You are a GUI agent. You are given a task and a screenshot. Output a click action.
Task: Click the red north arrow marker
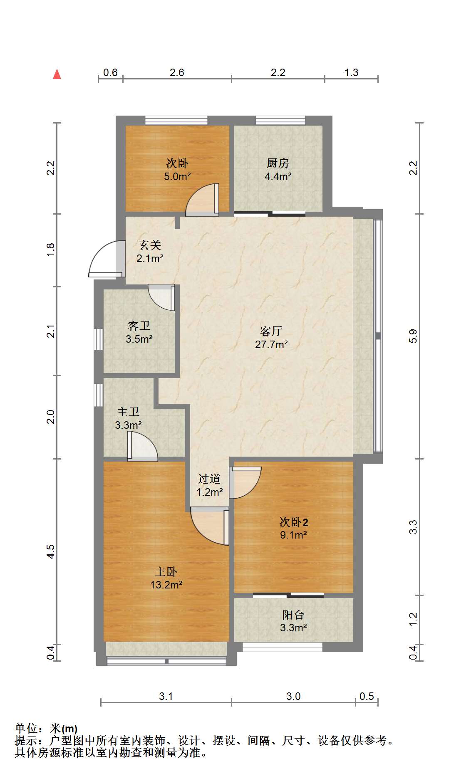click(x=57, y=74)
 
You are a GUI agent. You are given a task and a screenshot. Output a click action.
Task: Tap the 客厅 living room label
click(x=271, y=331)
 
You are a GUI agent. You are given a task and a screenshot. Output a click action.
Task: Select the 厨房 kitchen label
click(x=278, y=163)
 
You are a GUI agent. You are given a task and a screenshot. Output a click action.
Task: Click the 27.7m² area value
click(x=271, y=344)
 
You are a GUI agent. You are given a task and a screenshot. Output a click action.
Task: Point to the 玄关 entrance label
click(x=150, y=245)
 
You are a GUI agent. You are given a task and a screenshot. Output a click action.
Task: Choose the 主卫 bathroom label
click(x=128, y=412)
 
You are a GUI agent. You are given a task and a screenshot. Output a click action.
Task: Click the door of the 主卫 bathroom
click(x=142, y=446)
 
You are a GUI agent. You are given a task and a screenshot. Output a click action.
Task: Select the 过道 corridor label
click(x=209, y=479)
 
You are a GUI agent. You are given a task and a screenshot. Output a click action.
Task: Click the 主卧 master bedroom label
click(x=166, y=571)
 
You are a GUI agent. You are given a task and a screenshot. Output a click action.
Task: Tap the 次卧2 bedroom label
click(x=294, y=521)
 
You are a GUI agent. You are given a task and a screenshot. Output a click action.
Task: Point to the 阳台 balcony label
click(x=293, y=615)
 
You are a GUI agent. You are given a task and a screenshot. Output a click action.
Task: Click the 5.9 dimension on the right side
click(x=413, y=336)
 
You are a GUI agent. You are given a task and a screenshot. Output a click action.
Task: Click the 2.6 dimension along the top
click(x=177, y=72)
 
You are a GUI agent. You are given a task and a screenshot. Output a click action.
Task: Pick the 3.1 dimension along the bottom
click(x=166, y=696)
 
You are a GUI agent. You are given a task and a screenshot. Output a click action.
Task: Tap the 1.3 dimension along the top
click(x=351, y=72)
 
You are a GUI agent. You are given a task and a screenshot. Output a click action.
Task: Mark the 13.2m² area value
click(x=166, y=585)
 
